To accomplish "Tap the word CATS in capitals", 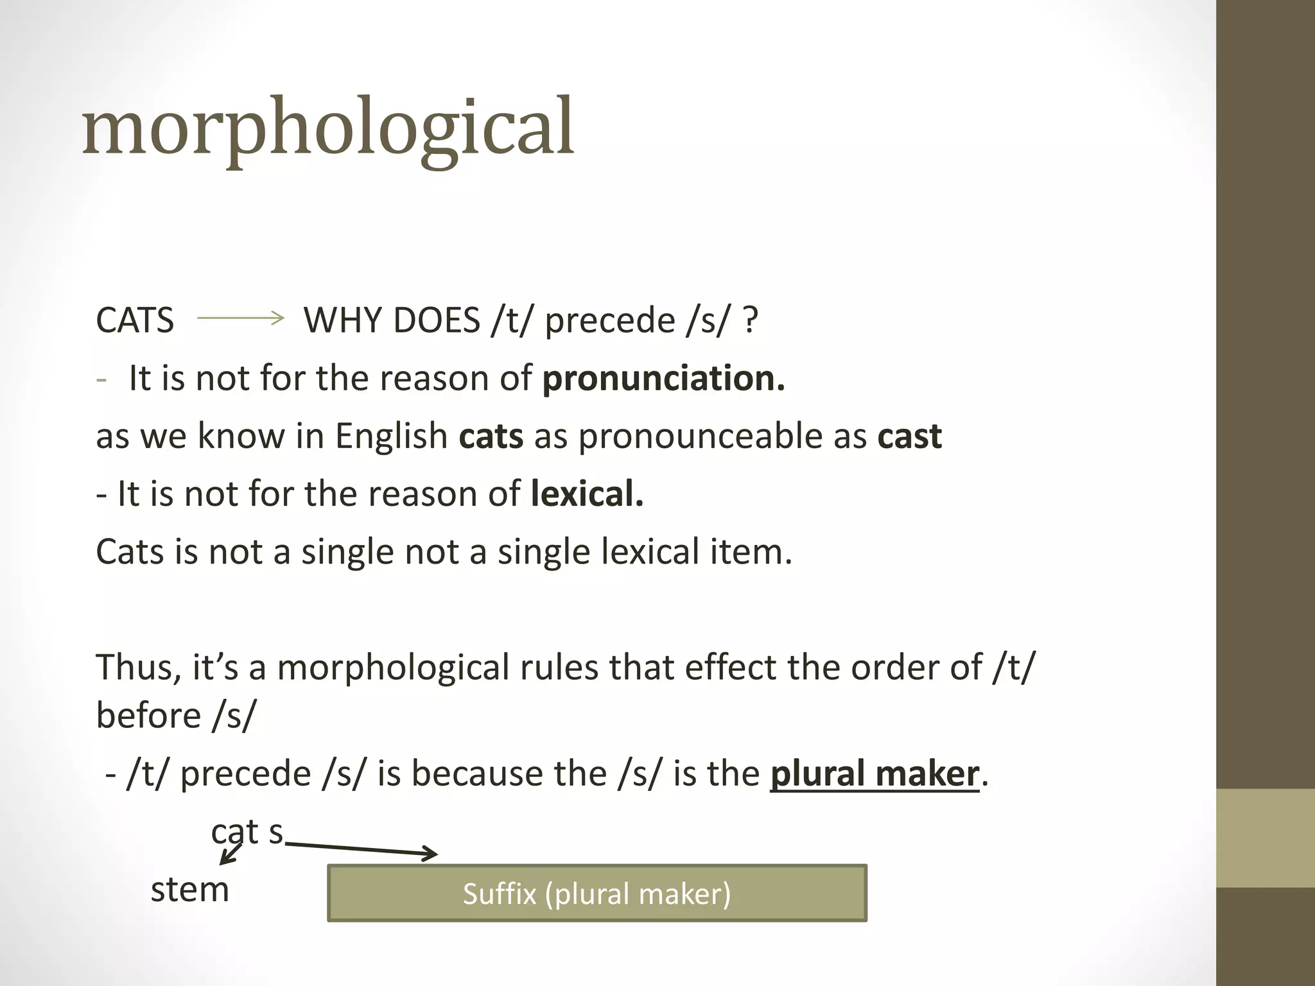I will (x=135, y=320).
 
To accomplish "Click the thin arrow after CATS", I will (x=240, y=317).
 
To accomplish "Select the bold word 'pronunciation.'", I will (x=663, y=378).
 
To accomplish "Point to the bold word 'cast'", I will (x=909, y=437).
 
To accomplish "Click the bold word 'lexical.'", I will (x=587, y=494).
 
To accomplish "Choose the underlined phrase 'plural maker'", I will (x=875, y=774).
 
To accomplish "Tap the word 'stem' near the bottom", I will (x=189, y=890).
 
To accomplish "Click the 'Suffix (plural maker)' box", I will (x=597, y=894).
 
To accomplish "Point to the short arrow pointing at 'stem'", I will (x=231, y=854).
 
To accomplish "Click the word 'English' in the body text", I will (x=391, y=437).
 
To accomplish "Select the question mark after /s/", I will (x=750, y=320).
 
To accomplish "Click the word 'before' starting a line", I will (x=148, y=715).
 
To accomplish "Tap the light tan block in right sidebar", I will (x=1266, y=838).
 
